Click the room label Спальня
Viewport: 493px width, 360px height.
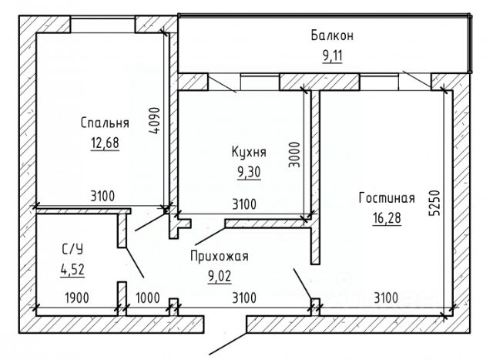[x=105, y=122]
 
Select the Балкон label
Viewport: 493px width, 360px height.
[x=332, y=35]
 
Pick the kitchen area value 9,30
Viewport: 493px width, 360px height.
[x=249, y=173]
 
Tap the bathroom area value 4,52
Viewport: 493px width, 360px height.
[x=73, y=270]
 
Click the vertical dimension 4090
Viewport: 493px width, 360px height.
[x=155, y=121]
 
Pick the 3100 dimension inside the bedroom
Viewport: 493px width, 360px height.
[x=102, y=197]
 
